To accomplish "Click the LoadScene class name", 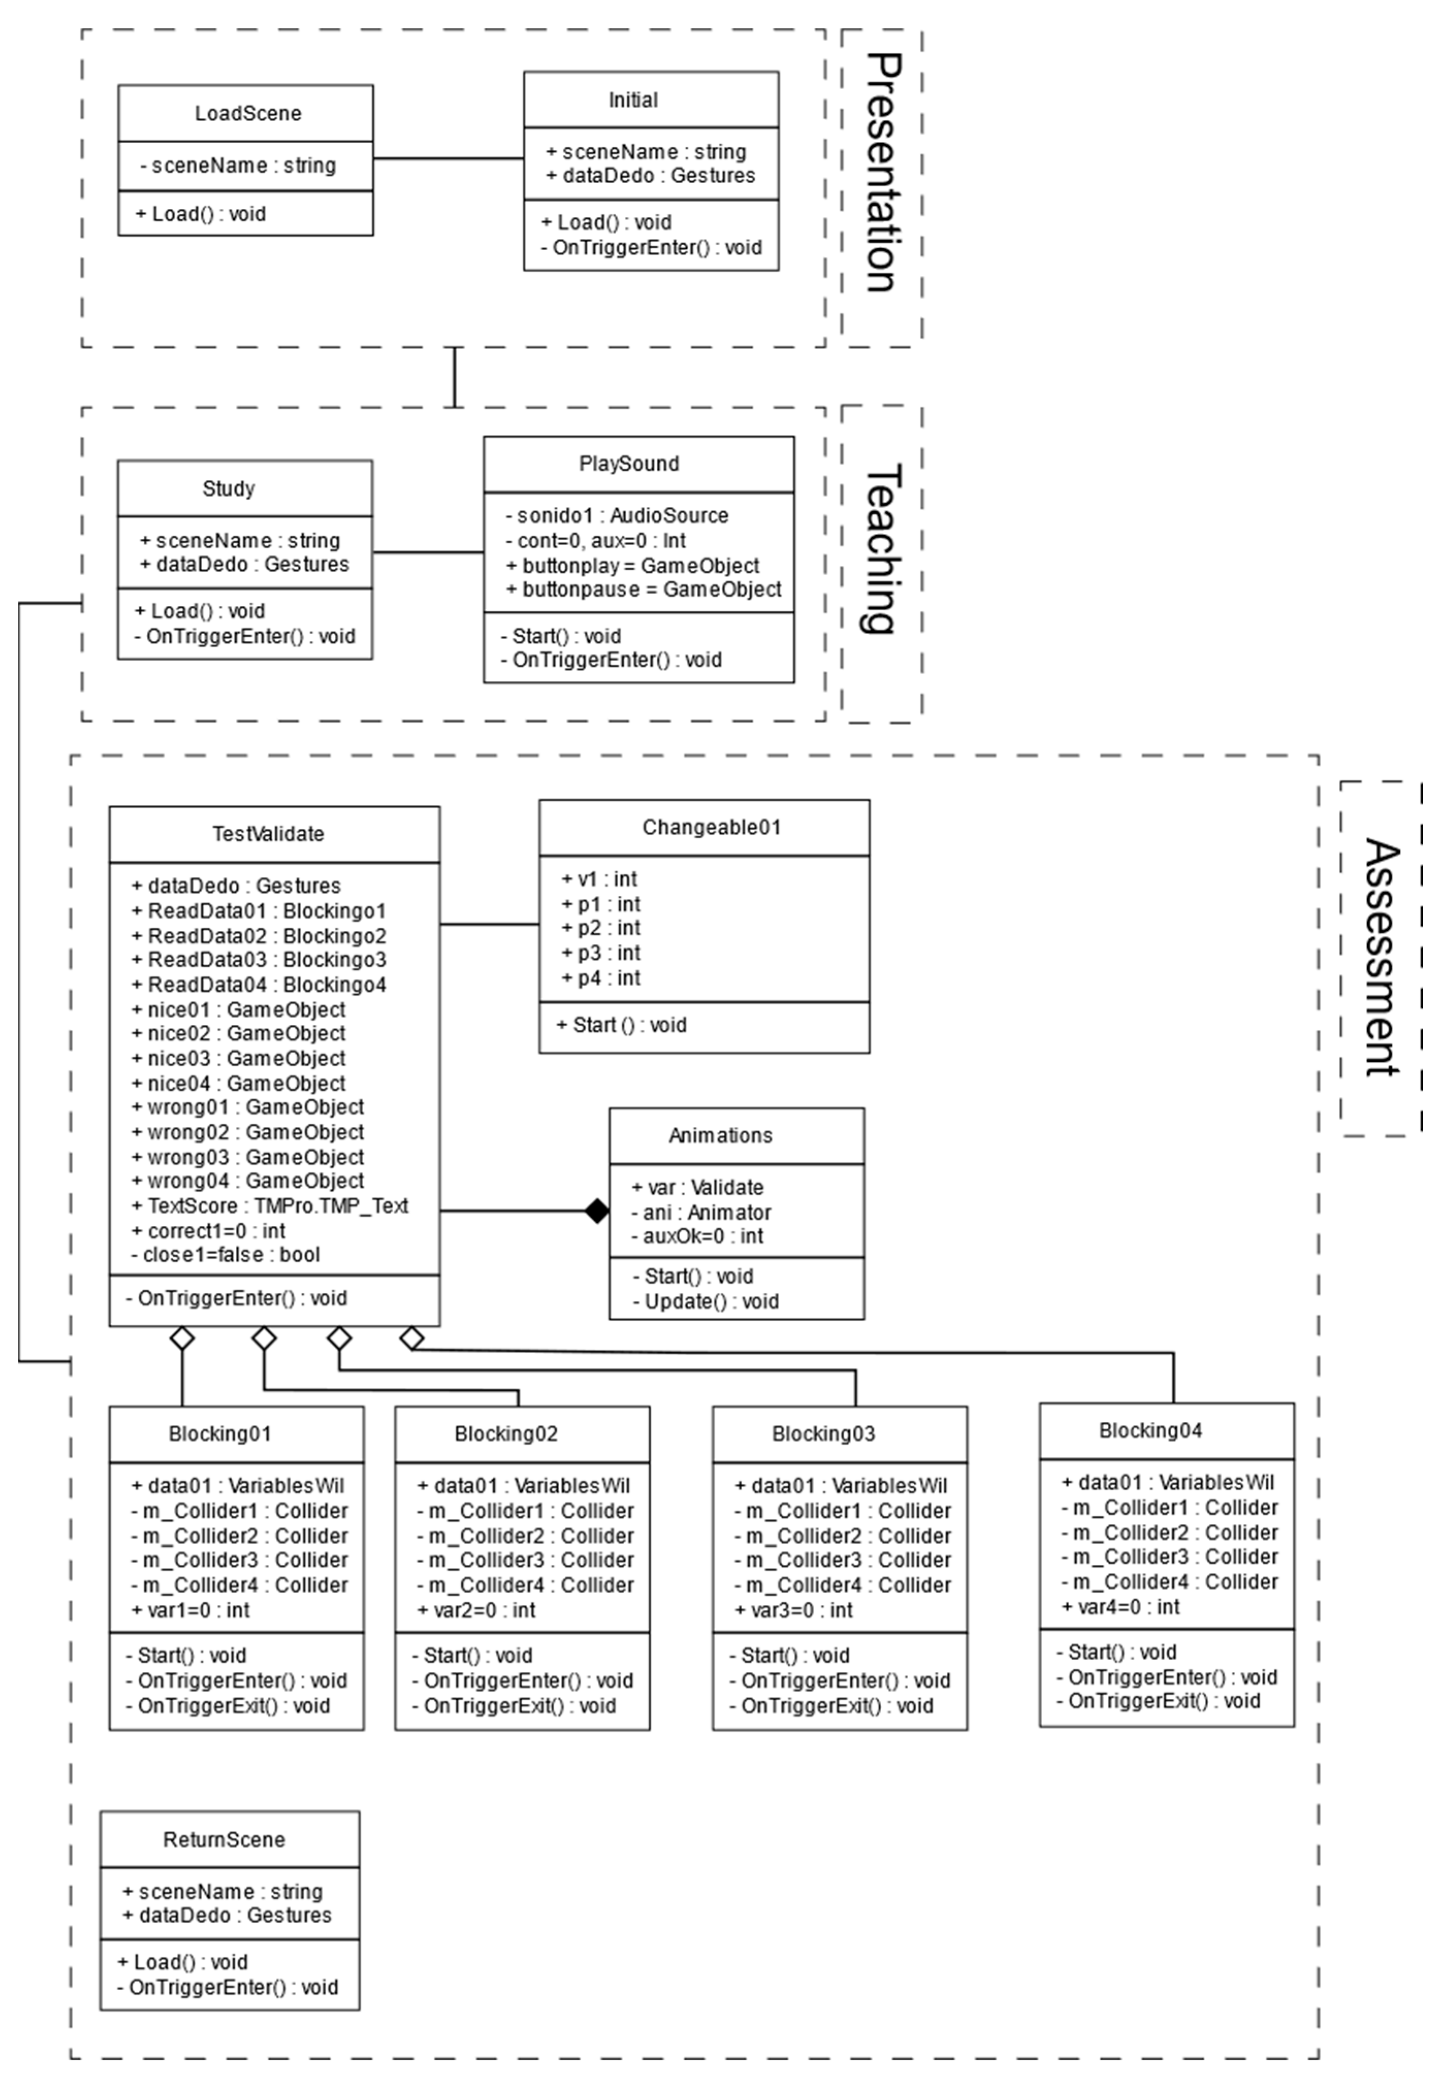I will pos(247,113).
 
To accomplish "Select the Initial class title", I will pos(632,100).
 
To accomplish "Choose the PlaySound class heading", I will pos(629,463).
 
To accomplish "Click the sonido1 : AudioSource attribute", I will pos(617,516).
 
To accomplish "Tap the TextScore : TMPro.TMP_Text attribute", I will pos(270,1206).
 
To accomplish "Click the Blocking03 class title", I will pos(823,1434).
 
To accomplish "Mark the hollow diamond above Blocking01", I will pos(183,1338).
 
